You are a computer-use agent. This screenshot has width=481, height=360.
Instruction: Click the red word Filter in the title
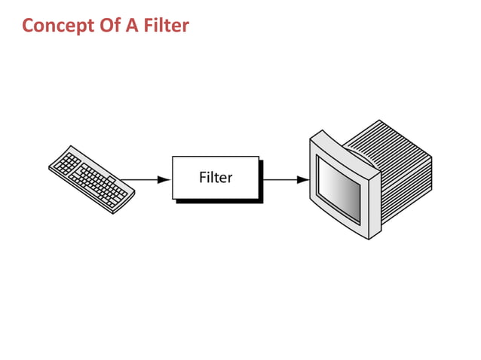163,26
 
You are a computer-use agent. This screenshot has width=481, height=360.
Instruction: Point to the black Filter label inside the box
216,178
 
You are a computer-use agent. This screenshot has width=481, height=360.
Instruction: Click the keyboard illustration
91,178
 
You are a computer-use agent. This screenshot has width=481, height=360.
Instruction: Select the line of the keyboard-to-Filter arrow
139,180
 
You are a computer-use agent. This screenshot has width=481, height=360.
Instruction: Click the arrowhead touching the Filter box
164,180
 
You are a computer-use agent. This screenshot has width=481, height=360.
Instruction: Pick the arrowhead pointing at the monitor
302,180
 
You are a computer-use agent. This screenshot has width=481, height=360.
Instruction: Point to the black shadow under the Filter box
219,201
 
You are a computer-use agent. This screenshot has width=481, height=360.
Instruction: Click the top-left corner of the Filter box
173,157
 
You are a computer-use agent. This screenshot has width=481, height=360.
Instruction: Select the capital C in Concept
29,26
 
